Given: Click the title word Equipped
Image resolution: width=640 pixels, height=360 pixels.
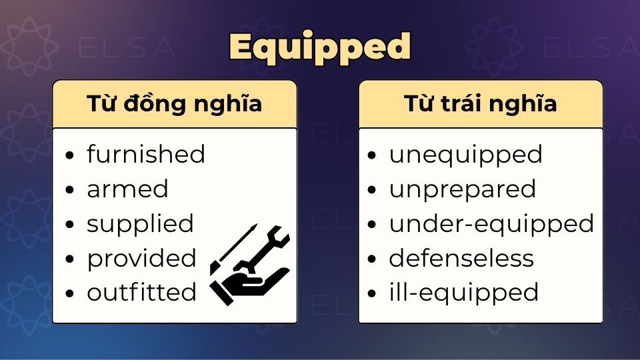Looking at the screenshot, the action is tap(319, 49).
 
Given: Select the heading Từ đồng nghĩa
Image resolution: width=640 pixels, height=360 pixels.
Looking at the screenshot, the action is tap(174, 104).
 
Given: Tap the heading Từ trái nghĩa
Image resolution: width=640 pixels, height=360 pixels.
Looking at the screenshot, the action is tap(481, 104).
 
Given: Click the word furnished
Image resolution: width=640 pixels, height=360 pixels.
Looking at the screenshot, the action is tap(146, 154).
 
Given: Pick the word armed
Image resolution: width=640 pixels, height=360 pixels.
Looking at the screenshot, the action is tap(127, 189).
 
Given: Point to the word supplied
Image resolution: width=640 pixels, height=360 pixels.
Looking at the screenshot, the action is tap(140, 224).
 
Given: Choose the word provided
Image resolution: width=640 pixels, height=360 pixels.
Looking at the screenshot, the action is tap(141, 259).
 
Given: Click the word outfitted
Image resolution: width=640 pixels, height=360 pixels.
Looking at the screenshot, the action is tap(141, 292).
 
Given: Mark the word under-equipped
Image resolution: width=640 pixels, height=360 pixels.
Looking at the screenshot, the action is tap(491, 224).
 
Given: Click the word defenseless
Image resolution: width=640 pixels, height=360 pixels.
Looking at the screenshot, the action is tap(461, 259).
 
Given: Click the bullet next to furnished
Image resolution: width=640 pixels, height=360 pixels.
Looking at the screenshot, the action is tap(70, 155).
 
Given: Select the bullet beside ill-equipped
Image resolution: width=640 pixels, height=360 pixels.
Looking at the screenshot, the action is tap(371, 293).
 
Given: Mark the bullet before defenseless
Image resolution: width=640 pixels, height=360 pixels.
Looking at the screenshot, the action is tap(371, 259).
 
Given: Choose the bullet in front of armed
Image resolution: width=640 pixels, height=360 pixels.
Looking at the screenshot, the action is tap(70, 190).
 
